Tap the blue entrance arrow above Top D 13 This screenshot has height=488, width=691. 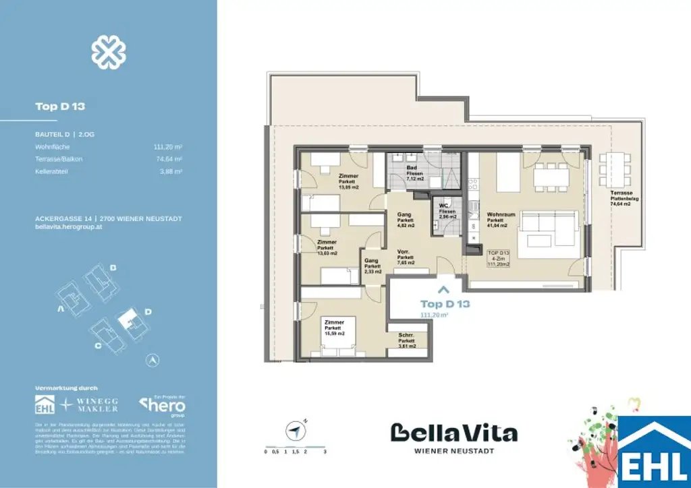443,291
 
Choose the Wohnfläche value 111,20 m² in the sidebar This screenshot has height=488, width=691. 169,147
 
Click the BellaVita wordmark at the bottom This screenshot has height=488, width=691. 454,432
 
